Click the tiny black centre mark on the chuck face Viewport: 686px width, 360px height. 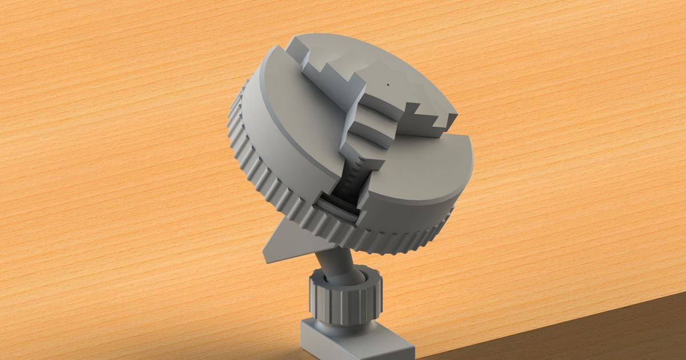click(388, 84)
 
